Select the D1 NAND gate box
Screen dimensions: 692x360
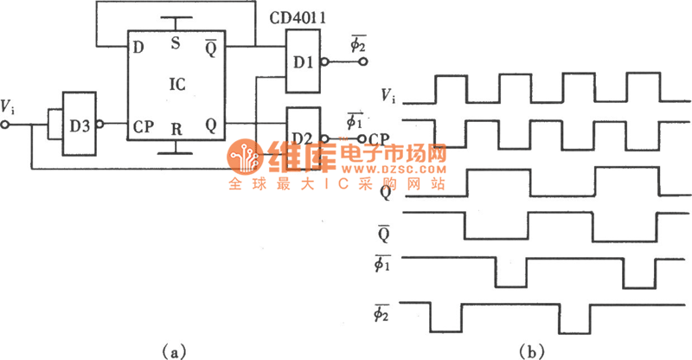(302, 61)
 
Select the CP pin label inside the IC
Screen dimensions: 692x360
(144, 126)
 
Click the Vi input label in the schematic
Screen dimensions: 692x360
(8, 107)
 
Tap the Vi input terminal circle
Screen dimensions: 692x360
(6, 125)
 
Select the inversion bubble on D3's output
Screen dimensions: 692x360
(100, 125)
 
